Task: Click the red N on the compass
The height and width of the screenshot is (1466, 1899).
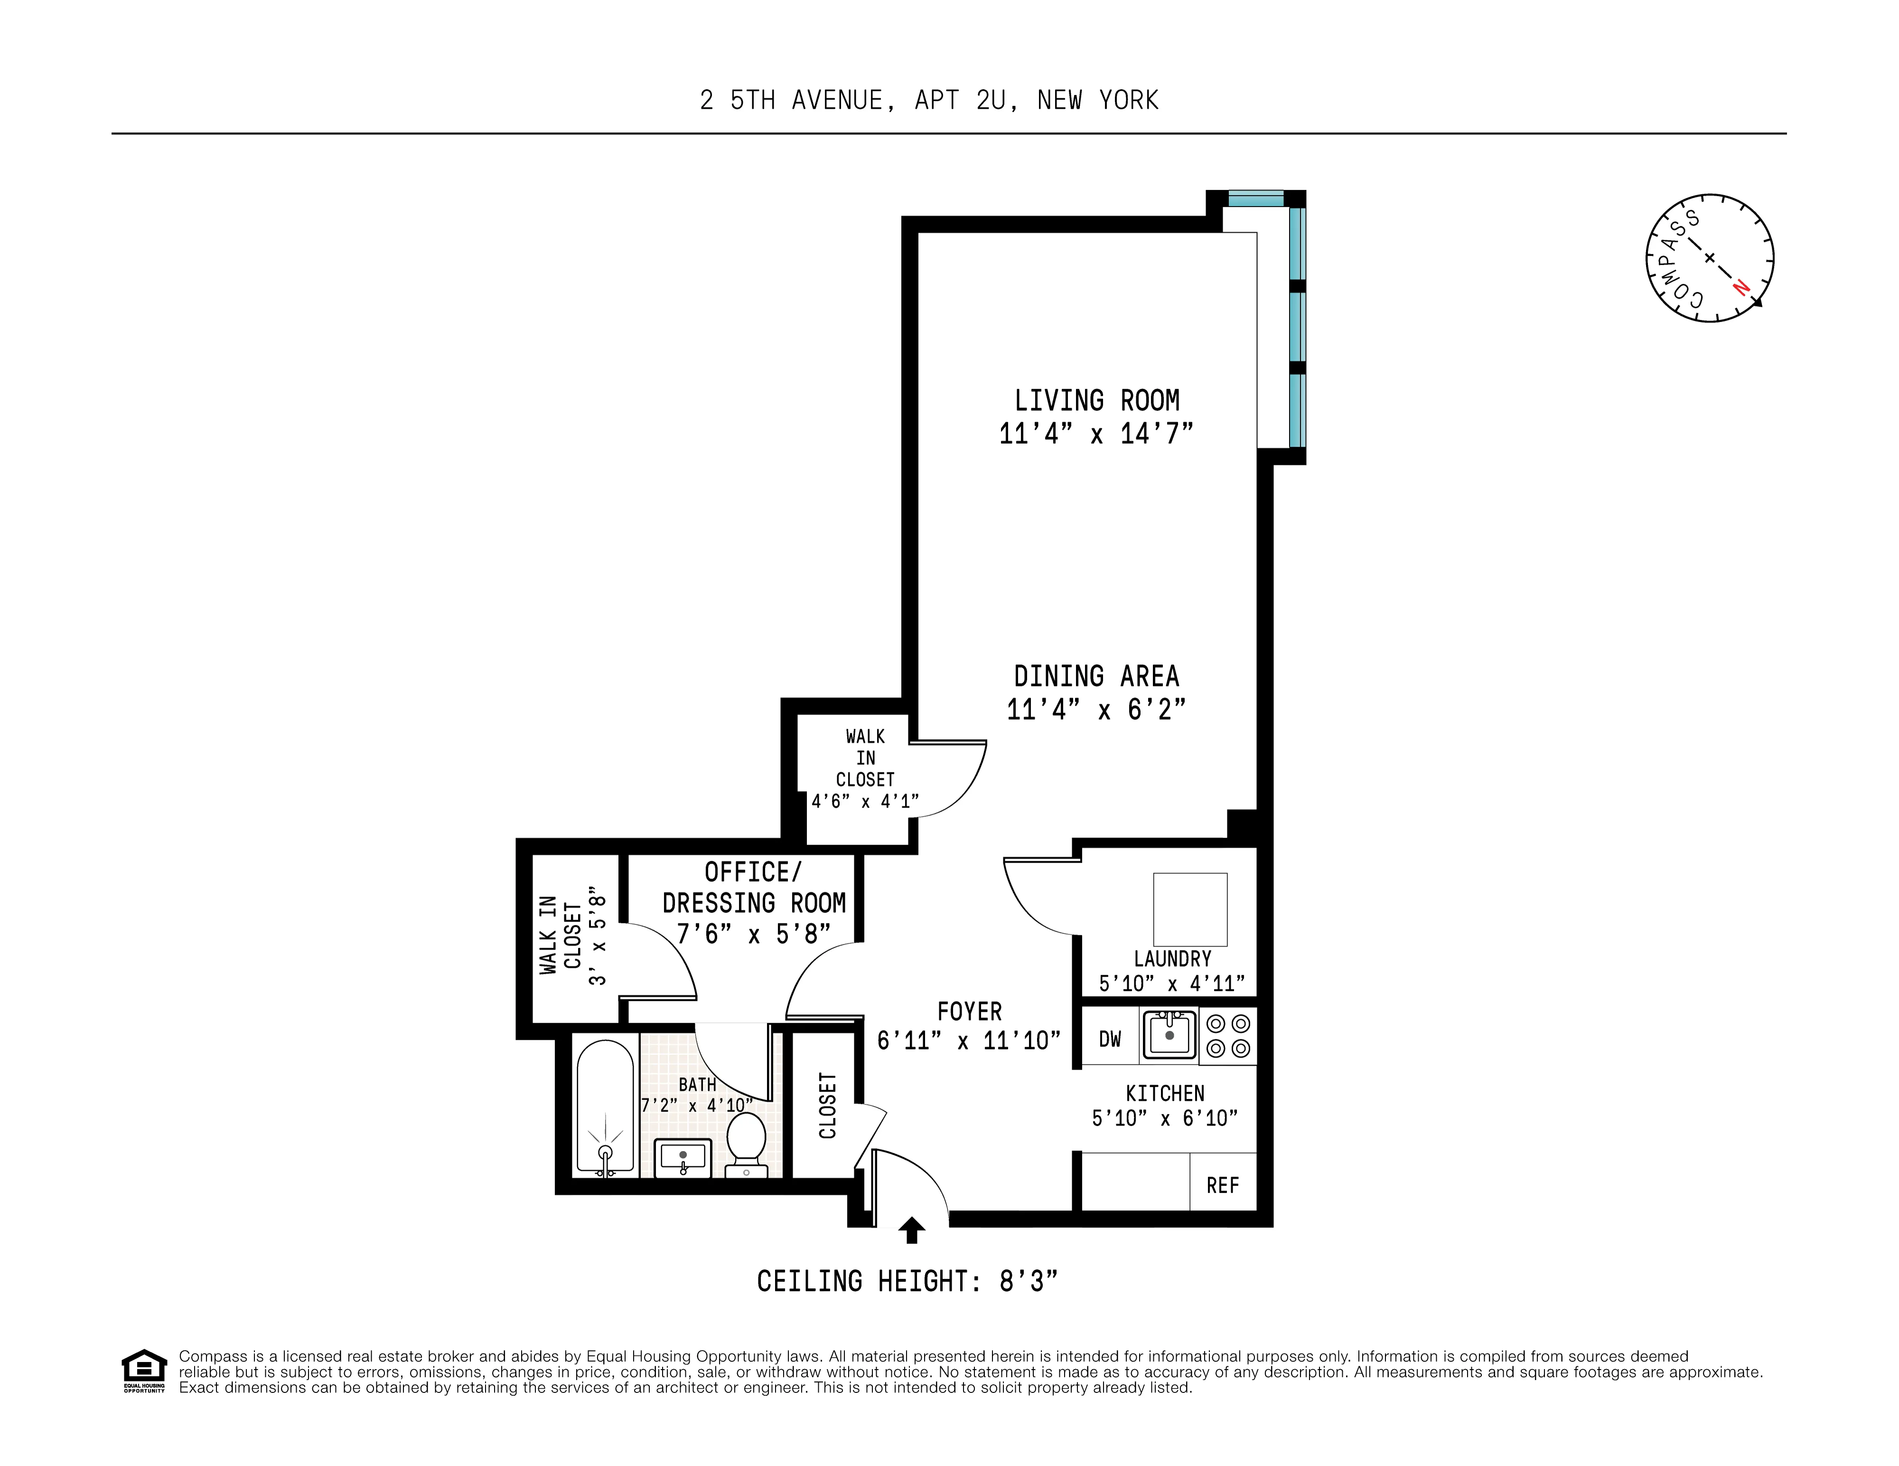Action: pyautogui.click(x=1740, y=286)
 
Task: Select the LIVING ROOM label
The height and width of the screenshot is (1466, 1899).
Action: pyautogui.click(x=1096, y=401)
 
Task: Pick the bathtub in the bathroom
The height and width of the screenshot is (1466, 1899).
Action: pyautogui.click(x=605, y=1107)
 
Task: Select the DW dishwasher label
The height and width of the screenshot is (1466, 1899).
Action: pyautogui.click(x=1110, y=1039)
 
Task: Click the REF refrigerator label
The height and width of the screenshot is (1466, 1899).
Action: pyautogui.click(x=1223, y=1185)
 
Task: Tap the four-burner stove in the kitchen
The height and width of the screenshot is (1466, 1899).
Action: pyautogui.click(x=1228, y=1035)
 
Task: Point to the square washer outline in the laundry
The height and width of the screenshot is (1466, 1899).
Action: pyautogui.click(x=1189, y=909)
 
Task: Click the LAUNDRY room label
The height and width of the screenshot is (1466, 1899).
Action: pyautogui.click(x=1172, y=959)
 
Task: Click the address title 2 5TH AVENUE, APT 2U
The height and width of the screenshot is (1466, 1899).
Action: pyautogui.click(x=929, y=101)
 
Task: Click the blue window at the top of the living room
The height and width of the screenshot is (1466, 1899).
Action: pyautogui.click(x=1255, y=198)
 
